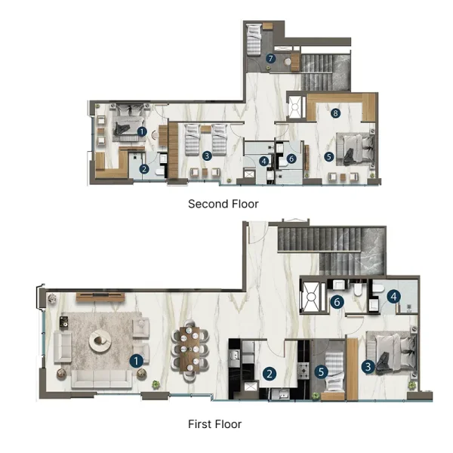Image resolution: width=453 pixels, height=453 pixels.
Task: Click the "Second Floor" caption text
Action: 223,204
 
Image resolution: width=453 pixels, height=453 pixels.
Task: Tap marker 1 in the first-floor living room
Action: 137,361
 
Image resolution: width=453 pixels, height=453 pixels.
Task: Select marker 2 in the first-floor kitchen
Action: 269,373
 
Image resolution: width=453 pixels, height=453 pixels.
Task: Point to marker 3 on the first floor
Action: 368,367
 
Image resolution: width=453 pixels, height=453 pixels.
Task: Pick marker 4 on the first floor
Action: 393,297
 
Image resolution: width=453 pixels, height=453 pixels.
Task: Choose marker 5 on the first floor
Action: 321,372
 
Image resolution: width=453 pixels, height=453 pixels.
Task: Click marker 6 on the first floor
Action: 338,302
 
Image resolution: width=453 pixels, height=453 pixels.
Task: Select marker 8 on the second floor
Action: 336,113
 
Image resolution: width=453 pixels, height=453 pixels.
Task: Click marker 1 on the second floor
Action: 142,131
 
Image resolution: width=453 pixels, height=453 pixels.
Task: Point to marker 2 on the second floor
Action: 144,169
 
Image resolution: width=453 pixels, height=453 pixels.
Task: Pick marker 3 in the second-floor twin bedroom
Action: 207,156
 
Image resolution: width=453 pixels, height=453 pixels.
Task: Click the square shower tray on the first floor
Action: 312,296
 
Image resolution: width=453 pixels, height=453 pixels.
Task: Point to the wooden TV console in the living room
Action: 100,294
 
